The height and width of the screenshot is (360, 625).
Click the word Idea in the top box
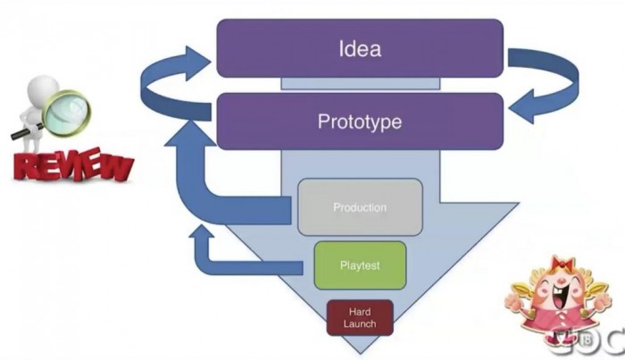coord(360,48)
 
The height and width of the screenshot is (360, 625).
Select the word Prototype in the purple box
coord(360,121)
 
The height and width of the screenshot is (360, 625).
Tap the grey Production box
coord(360,208)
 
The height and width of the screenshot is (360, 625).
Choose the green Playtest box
coord(360,264)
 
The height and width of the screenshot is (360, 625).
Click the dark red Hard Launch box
coord(360,317)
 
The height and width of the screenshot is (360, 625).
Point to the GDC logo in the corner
coord(593,341)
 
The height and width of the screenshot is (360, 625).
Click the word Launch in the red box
coord(360,323)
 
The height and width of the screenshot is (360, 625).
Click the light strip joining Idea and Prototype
coord(360,84)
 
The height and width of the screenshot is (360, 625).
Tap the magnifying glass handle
coord(23,135)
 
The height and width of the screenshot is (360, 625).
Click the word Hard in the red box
coord(360,311)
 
